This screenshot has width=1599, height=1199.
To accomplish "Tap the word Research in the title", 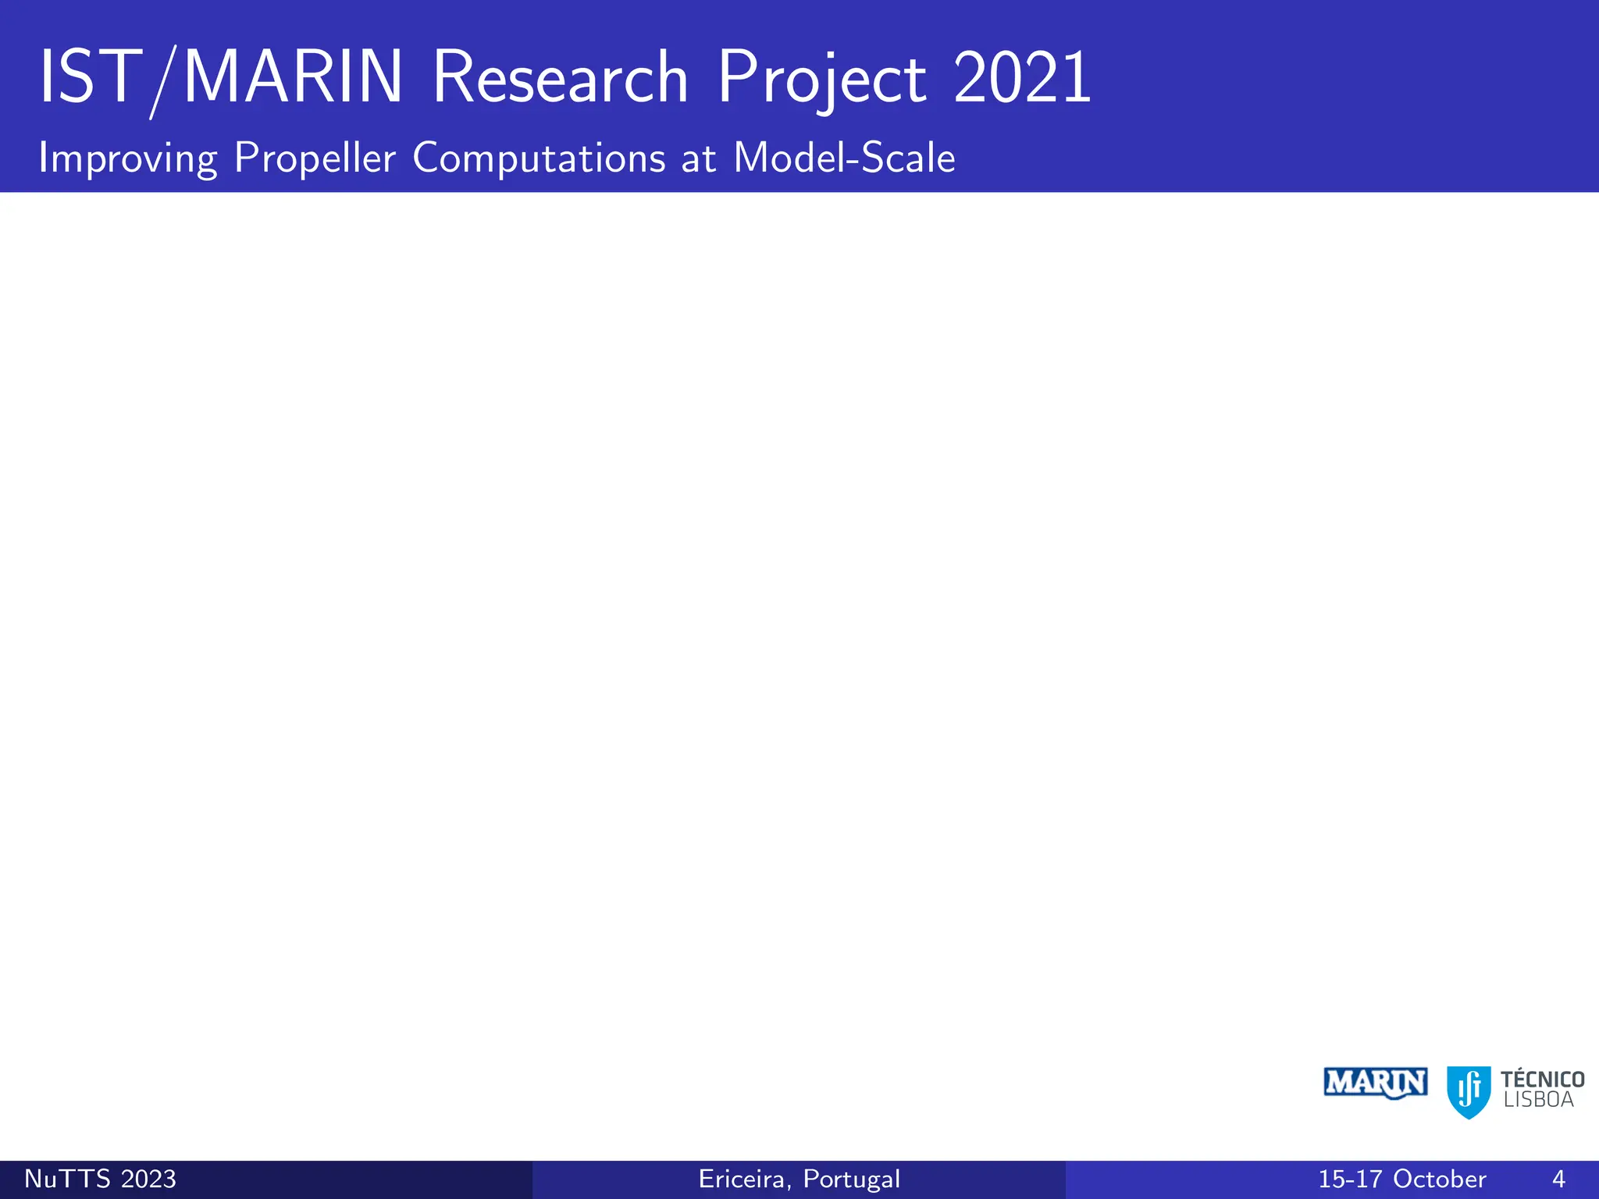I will (560, 78).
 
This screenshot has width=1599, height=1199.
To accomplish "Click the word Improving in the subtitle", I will (127, 158).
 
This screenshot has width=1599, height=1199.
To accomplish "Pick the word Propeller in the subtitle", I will (315, 158).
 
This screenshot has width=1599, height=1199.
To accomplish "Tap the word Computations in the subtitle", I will (539, 158).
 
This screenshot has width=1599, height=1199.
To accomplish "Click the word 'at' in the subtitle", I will (699, 158).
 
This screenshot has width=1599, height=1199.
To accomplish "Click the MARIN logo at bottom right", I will (1376, 1083).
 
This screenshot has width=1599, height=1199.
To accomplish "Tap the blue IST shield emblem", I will (1469, 1091).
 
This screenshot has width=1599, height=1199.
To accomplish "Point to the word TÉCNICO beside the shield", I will (1542, 1079).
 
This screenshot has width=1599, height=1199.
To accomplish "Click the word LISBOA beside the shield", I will (1538, 1100).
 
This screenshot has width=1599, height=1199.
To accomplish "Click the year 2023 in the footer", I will (148, 1179).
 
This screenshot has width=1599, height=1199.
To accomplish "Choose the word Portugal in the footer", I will (852, 1179).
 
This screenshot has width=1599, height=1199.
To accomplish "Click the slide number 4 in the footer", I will (1558, 1179).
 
